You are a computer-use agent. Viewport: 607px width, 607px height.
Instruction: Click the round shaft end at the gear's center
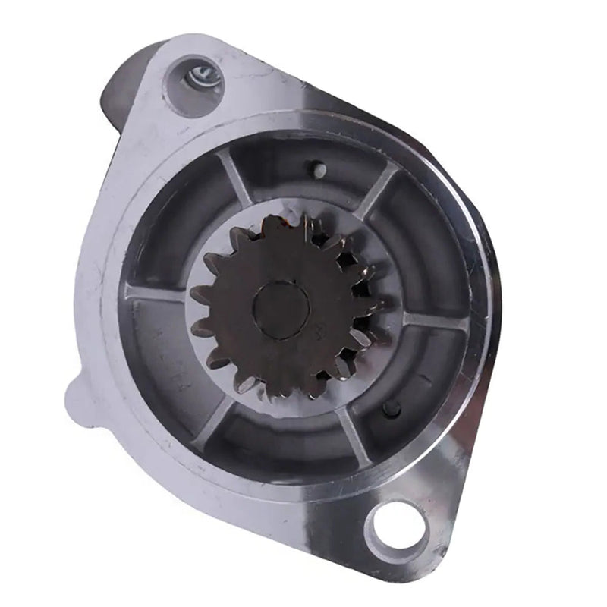tap(281, 307)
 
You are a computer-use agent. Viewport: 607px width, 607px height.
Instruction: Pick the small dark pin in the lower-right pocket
tap(391, 409)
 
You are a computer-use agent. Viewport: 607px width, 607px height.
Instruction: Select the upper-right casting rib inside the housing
tap(377, 192)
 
